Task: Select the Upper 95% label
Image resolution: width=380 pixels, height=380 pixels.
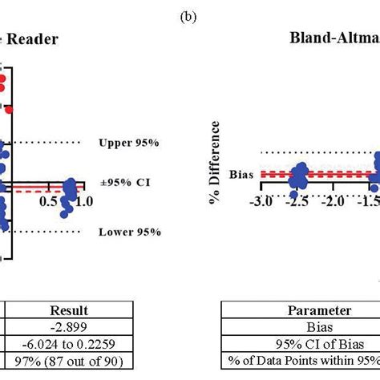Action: coord(129,143)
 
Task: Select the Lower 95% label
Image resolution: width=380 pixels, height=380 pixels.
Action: coord(129,232)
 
